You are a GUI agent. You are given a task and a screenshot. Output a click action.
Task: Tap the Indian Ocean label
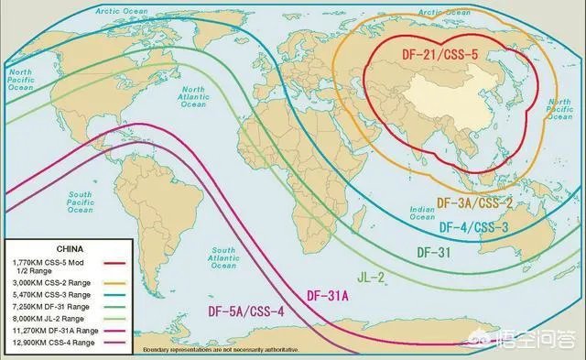(422, 213)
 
